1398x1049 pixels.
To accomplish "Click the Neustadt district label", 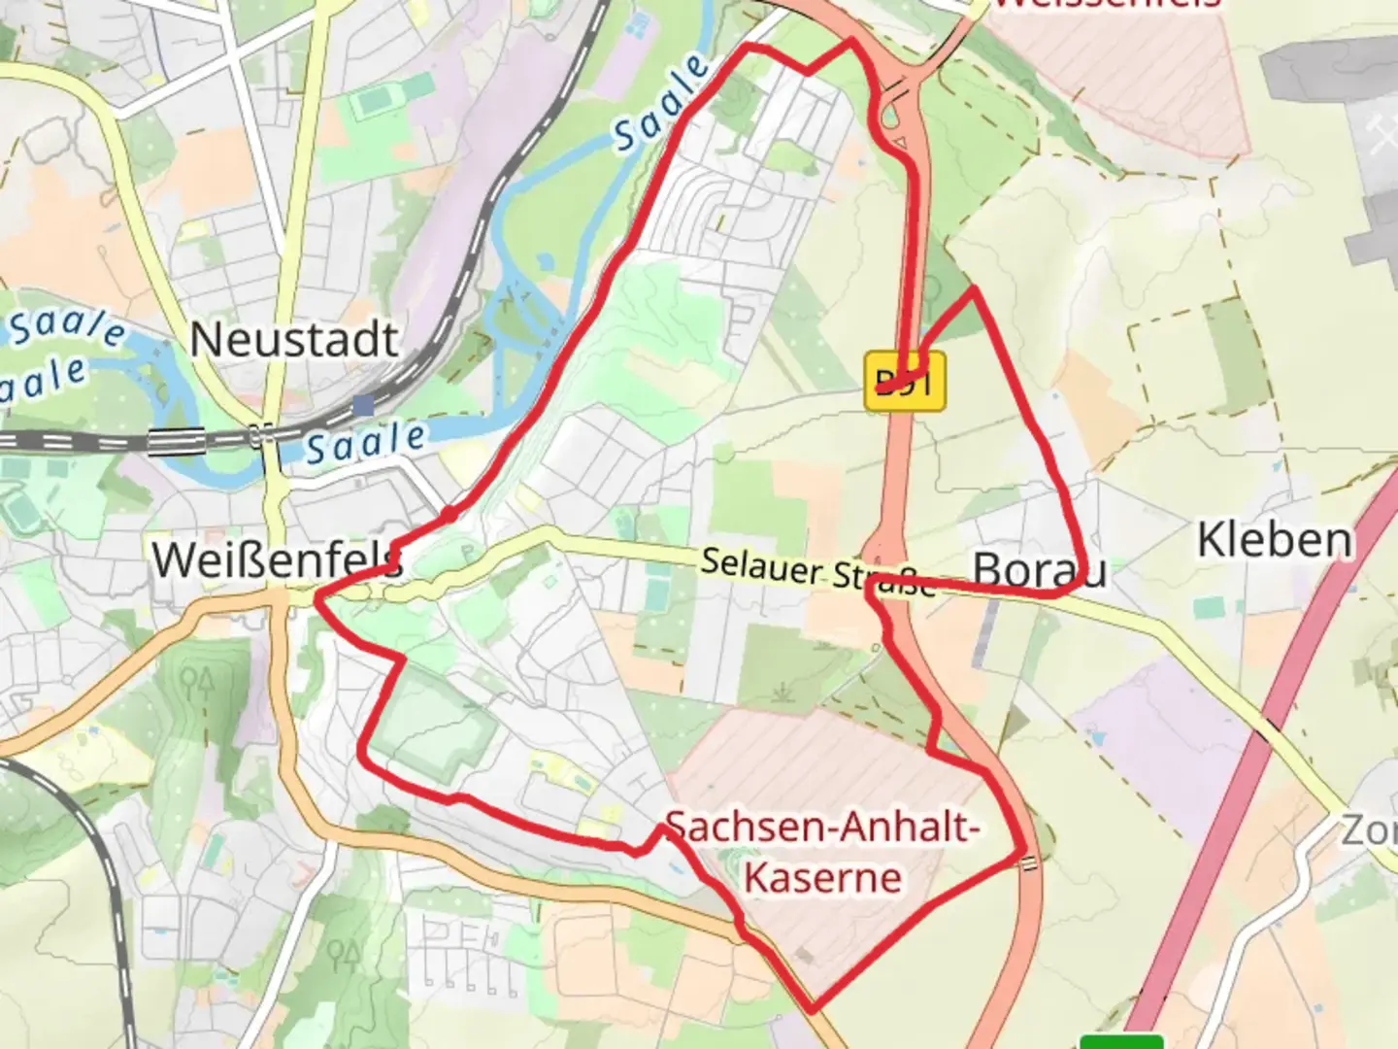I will click(293, 340).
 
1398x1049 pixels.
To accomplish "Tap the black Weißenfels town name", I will click(276, 560).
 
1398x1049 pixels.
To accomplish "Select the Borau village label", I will click(1039, 571).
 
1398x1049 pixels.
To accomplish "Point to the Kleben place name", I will click(1274, 540).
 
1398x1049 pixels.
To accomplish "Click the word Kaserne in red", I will click(823, 877).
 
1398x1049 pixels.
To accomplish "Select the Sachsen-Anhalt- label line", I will click(821, 828).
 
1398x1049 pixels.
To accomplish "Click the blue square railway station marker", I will click(364, 404).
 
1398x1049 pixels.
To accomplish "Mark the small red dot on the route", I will click(448, 513).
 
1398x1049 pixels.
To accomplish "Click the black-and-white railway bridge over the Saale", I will click(177, 441).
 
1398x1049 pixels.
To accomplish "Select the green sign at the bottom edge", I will click(1121, 1042).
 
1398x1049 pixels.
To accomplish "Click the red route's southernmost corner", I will click(811, 1010).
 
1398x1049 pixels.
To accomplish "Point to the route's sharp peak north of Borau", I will click(973, 289).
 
